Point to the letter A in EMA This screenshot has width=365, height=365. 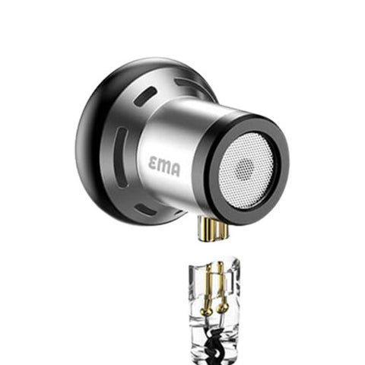[x=176, y=170]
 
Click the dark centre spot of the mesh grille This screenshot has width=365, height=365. [x=245, y=168]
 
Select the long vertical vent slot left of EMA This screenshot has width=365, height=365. [x=120, y=157]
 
